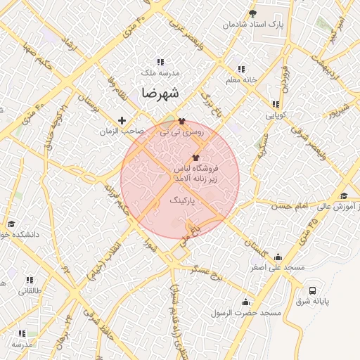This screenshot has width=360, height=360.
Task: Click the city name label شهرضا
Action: (x=160, y=93)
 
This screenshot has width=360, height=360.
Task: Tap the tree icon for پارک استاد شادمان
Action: (x=253, y=13)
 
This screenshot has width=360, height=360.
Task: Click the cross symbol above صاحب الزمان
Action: (x=122, y=120)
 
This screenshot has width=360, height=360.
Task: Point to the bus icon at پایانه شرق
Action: (x=313, y=290)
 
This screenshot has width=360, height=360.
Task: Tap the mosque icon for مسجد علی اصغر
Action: (x=278, y=257)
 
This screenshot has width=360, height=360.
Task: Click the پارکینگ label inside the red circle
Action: (x=183, y=200)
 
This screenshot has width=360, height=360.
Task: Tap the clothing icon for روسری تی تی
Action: (x=182, y=121)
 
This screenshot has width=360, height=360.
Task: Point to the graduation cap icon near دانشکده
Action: (x=11, y=224)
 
